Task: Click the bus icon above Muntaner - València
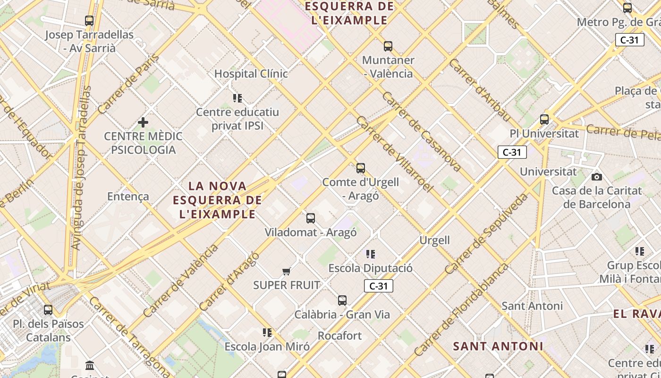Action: pyautogui.click(x=388, y=46)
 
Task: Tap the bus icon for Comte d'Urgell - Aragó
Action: pyautogui.click(x=361, y=168)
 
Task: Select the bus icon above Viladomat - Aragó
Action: pyautogui.click(x=310, y=218)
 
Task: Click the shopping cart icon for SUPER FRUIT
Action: pyautogui.click(x=286, y=271)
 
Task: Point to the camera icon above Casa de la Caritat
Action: pyautogui.click(x=597, y=177)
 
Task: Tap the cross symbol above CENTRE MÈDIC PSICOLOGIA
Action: pyautogui.click(x=143, y=123)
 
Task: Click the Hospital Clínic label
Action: pyautogui.click(x=251, y=74)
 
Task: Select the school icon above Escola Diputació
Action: pyautogui.click(x=371, y=254)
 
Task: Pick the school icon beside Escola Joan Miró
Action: pyautogui.click(x=267, y=333)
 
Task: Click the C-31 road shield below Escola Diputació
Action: pyautogui.click(x=378, y=286)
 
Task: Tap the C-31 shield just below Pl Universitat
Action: pyautogui.click(x=512, y=152)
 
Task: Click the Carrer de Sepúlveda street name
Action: pyautogui.click(x=486, y=233)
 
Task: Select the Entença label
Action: pyautogui.click(x=128, y=197)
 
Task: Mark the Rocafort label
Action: pyautogui.click(x=339, y=336)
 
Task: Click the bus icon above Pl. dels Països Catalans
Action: pyautogui.click(x=48, y=310)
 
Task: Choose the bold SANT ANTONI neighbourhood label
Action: pyautogui.click(x=498, y=346)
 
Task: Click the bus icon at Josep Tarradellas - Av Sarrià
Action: pyautogui.click(x=89, y=21)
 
